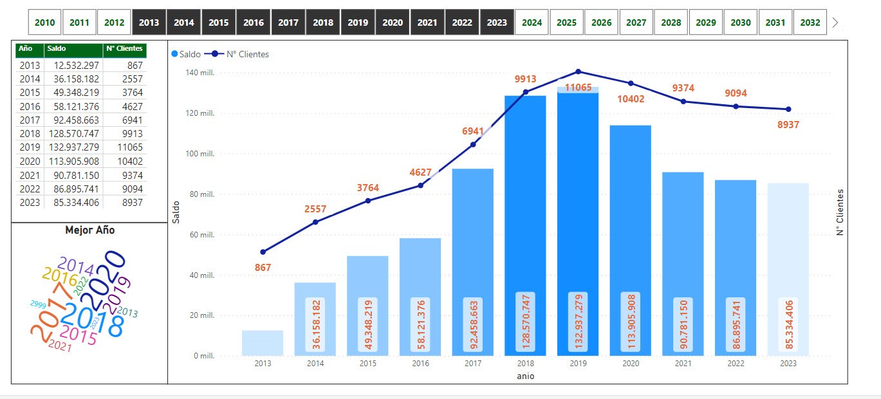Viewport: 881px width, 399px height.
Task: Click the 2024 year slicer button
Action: [x=532, y=23]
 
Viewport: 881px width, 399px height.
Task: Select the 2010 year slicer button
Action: [x=45, y=23]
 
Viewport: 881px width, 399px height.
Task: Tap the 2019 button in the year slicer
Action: [x=358, y=23]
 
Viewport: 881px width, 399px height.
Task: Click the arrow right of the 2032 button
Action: [x=835, y=23]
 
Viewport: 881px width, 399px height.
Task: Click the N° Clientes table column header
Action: [x=125, y=49]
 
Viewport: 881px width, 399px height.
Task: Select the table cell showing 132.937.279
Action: [x=73, y=147]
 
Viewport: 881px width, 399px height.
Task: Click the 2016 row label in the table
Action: [x=30, y=106]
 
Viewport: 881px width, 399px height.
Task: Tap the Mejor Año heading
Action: [x=89, y=230]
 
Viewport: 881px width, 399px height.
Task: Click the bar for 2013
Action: [x=263, y=343]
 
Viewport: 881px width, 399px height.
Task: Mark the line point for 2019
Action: [x=578, y=71]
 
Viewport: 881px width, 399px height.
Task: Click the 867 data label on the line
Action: [x=263, y=267]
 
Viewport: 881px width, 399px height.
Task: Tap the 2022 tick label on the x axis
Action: [x=736, y=364]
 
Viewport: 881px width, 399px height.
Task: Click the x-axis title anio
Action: [x=525, y=376]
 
